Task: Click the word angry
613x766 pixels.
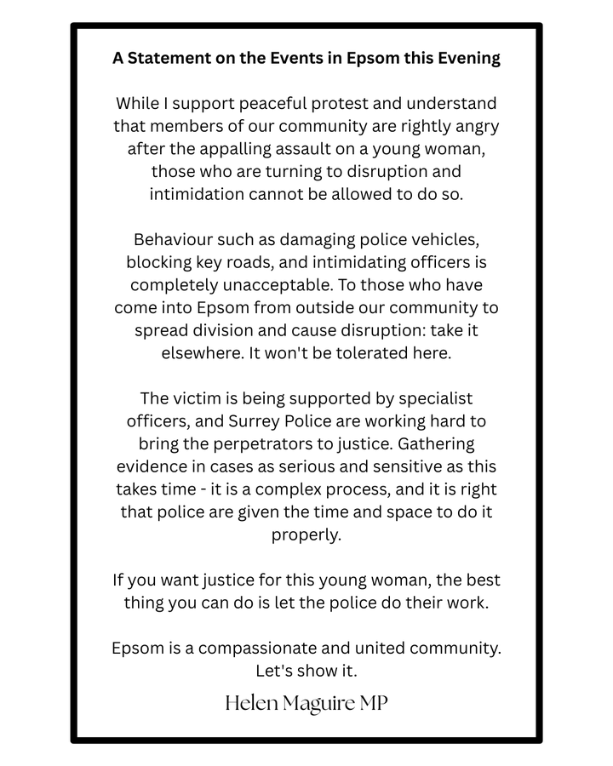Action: [x=473, y=126]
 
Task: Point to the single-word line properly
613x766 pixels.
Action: [x=306, y=534]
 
